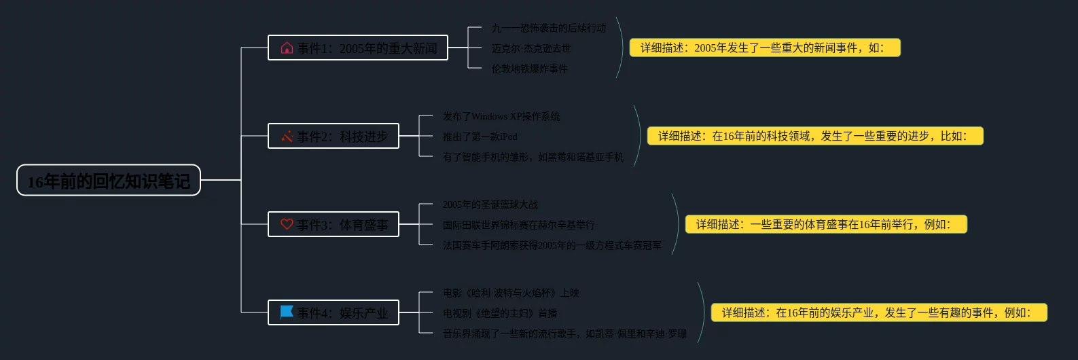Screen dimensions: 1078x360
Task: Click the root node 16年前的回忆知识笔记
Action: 109,181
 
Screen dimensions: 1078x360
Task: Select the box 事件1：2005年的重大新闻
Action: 358,48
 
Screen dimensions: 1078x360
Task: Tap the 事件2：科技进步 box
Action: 334,137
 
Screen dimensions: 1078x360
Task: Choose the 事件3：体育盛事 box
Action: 334,225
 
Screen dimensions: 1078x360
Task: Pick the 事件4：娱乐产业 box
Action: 334,313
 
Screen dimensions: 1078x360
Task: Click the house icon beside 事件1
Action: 287,48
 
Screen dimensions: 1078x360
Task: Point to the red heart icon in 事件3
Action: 287,224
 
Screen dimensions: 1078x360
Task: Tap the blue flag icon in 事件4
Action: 287,312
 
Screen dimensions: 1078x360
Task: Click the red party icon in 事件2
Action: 287,137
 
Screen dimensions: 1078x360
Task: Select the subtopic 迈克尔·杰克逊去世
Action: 531,49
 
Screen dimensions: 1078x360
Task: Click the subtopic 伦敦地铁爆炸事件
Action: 530,69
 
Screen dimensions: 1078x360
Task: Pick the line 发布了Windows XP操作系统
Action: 501,117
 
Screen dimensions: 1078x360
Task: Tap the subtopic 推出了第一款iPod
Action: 480,137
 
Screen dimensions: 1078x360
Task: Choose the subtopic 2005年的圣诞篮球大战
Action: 490,205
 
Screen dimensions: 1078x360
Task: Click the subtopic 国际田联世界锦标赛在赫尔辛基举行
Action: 519,226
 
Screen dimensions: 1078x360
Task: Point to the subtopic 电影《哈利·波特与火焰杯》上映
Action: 511,293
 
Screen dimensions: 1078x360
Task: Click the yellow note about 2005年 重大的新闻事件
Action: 765,48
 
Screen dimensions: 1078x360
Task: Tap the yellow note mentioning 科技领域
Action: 815,136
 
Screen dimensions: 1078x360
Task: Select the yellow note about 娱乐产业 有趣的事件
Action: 879,312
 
